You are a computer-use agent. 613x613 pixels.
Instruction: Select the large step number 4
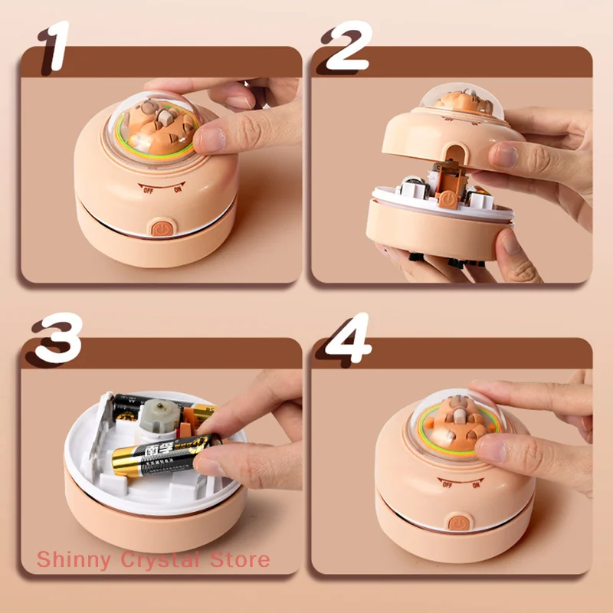point(347,337)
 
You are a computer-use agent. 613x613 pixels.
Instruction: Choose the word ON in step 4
point(477,485)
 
